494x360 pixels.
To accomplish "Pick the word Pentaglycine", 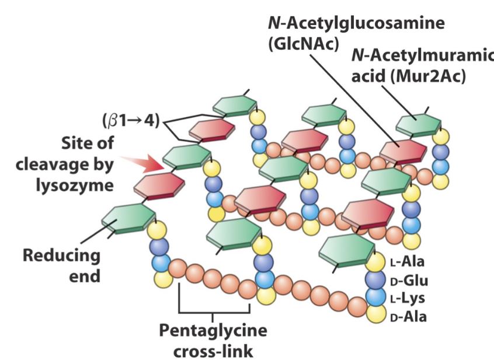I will pyautogui.click(x=213, y=331).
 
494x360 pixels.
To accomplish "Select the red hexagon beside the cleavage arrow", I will pyautogui.click(x=159, y=185).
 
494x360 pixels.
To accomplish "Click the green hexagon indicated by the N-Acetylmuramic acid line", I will pyautogui.click(x=418, y=124).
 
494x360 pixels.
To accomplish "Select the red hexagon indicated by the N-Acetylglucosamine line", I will pyautogui.click(x=403, y=151).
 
